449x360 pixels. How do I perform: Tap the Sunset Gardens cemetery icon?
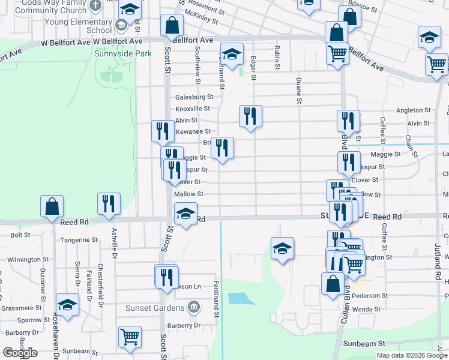tap(194, 308)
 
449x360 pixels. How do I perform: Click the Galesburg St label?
tap(194, 97)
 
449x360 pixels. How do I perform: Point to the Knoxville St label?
tap(193, 109)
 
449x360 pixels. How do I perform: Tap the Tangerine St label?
tap(79, 239)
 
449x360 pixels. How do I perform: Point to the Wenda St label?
tap(367, 308)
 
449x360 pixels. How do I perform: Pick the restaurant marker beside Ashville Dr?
tap(109, 203)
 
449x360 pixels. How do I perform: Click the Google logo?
tap(20, 353)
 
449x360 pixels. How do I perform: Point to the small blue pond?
tap(238, 298)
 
